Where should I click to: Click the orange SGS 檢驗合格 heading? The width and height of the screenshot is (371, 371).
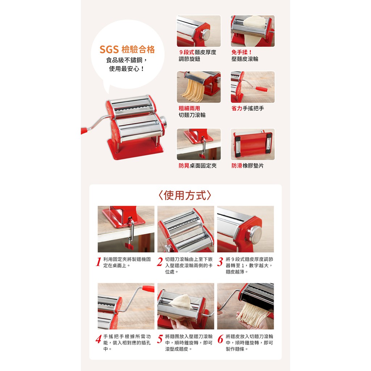pos(127,49)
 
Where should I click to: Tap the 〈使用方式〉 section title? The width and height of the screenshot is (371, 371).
pos(185,195)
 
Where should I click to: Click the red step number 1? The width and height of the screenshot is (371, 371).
pos(99,262)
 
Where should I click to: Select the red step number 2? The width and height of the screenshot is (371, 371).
pos(160,262)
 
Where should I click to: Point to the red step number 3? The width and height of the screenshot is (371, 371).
pos(220,262)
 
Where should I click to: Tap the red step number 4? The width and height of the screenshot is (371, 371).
pos(99,339)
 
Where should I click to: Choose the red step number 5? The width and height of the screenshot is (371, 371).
pos(160,339)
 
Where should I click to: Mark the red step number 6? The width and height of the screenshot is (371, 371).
pos(220,339)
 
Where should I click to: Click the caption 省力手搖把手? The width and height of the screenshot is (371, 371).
pos(247,108)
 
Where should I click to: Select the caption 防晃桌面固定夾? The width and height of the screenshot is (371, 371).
pos(197,166)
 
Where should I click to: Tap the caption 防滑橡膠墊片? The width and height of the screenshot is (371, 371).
pos(247,166)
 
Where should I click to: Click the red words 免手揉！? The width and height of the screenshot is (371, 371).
pos(242,52)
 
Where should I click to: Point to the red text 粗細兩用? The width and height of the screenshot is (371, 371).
pos(189,108)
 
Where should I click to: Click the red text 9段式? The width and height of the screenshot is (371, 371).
pos(187,52)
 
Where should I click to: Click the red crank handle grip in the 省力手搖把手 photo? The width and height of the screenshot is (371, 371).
pos(261,89)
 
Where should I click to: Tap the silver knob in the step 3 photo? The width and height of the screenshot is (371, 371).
pos(254,235)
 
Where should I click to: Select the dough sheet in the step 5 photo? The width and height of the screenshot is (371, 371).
pos(181,302)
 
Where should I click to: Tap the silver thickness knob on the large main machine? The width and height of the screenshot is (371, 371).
pos(163,122)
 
